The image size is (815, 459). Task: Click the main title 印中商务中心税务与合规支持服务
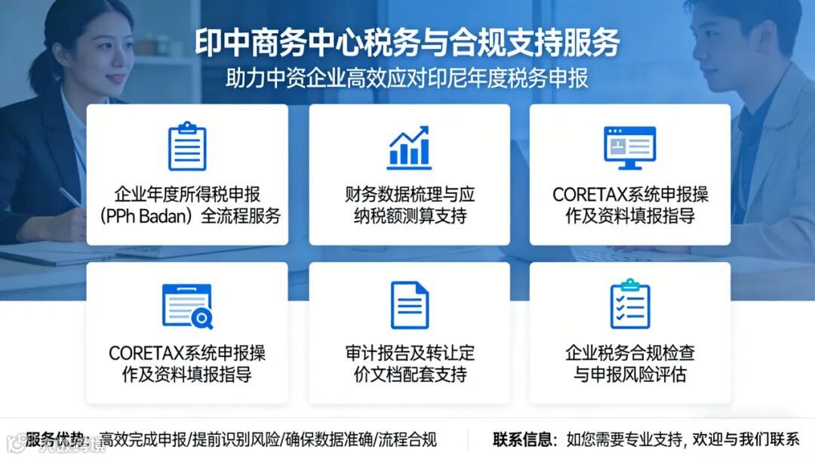[407, 43]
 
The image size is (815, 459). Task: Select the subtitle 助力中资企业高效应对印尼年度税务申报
[407, 79]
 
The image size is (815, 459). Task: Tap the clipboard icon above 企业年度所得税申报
[187, 146]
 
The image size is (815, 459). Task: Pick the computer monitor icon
[629, 146]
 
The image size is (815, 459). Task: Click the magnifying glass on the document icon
[201, 319]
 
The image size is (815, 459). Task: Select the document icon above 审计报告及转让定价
[409, 305]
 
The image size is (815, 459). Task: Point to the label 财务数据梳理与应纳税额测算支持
[409, 205]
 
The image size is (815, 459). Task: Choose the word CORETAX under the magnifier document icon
[142, 353]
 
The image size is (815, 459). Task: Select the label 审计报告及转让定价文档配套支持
[409, 364]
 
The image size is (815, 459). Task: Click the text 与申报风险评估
[629, 374]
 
